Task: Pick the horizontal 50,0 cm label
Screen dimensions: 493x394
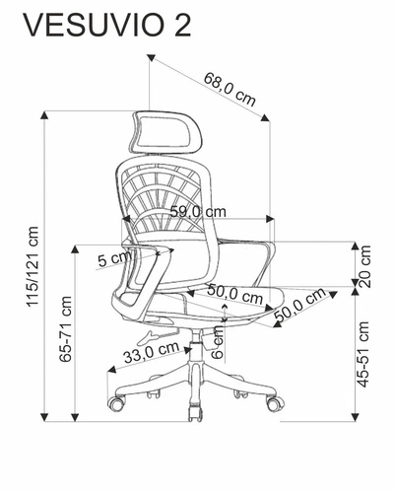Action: click(x=235, y=293)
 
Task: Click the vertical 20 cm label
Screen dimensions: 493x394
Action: click(x=365, y=265)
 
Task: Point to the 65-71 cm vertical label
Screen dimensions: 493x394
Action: click(x=66, y=329)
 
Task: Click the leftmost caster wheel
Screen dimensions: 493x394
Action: click(x=118, y=404)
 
